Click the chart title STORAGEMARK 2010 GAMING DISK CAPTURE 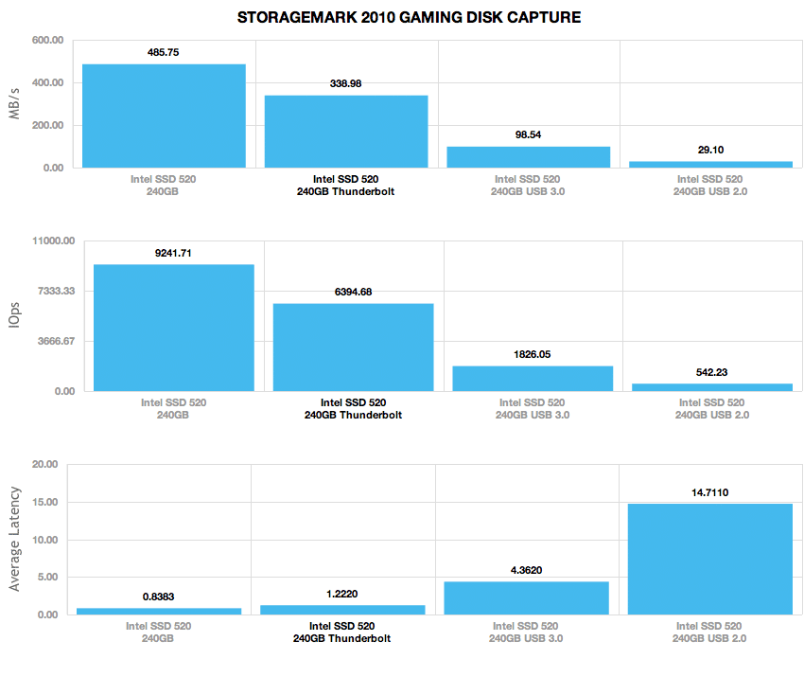click(x=409, y=17)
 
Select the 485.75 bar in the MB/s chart click(x=164, y=116)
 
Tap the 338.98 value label click(x=345, y=83)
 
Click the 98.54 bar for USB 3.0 click(x=528, y=157)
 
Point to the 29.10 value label click(x=710, y=150)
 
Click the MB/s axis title click(x=14, y=103)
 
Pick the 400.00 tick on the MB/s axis click(x=47, y=82)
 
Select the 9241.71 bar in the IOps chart click(x=174, y=328)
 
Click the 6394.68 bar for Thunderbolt click(x=354, y=347)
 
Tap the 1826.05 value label click(x=533, y=355)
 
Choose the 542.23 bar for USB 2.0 click(x=712, y=387)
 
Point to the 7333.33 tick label click(x=57, y=291)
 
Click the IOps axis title click(x=14, y=314)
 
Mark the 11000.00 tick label click(x=53, y=241)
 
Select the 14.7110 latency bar click(x=710, y=560)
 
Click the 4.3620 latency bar click(x=527, y=598)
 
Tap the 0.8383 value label click(x=159, y=597)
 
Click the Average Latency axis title click(x=14, y=539)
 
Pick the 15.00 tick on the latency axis click(x=45, y=502)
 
